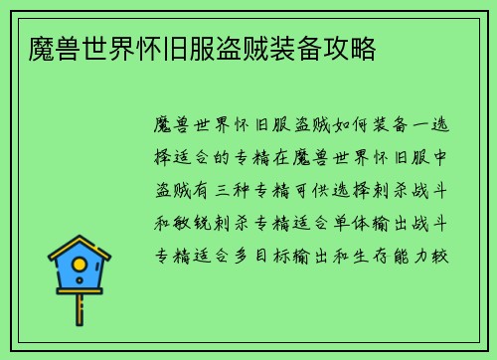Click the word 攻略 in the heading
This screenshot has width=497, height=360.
click(x=350, y=48)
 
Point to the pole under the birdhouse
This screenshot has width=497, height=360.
click(x=80, y=308)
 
